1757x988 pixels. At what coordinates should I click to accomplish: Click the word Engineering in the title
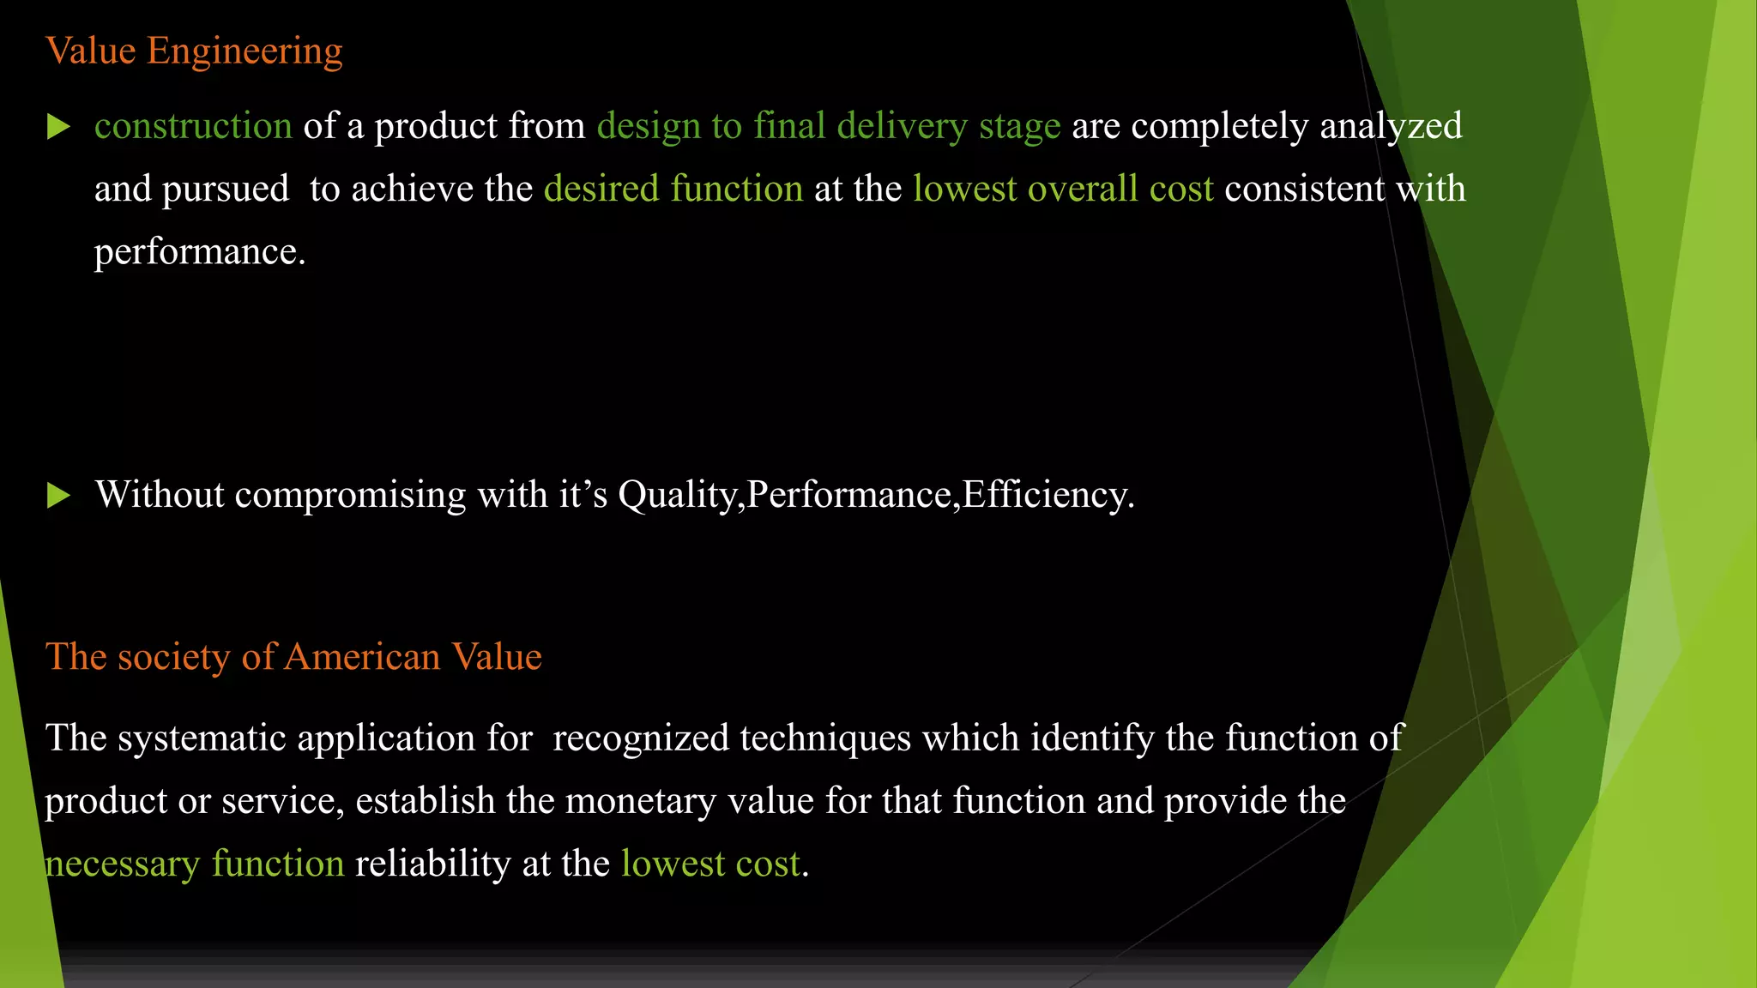point(245,51)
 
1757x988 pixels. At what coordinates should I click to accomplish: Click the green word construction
point(193,126)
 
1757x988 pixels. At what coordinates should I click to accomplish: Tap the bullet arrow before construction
point(58,127)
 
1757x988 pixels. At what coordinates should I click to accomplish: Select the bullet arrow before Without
point(58,495)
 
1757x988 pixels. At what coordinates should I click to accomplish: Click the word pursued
point(226,189)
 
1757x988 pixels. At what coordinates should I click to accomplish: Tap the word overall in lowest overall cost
point(1083,189)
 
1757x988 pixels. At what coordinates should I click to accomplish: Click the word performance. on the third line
point(200,252)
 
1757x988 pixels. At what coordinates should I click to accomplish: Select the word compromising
point(350,495)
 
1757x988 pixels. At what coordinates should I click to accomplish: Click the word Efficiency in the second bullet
point(1048,495)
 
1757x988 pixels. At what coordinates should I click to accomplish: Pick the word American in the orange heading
point(362,657)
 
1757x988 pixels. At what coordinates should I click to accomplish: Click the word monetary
point(641,801)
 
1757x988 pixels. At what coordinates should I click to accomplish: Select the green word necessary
point(123,864)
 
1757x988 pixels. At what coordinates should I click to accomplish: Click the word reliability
point(433,864)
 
